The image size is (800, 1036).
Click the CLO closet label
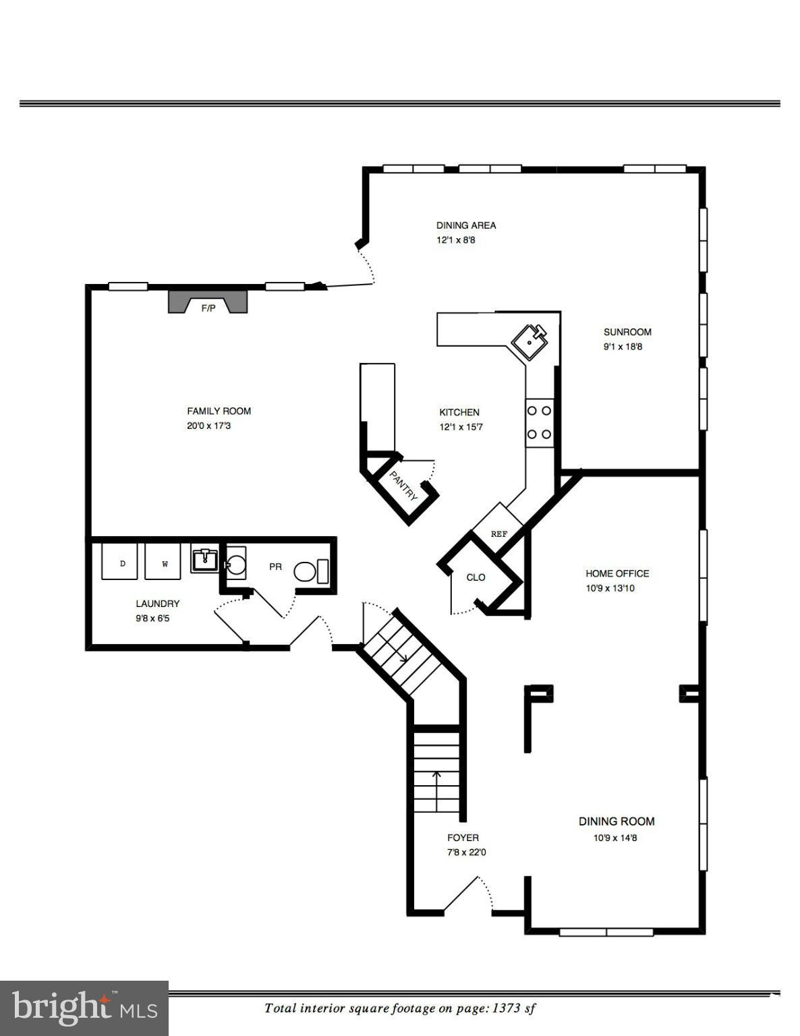[476, 577]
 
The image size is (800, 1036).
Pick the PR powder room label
[275, 567]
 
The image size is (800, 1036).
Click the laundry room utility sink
[204, 559]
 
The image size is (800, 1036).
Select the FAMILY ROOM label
[219, 411]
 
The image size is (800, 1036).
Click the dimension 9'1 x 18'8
[627, 347]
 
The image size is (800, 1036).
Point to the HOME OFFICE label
[617, 573]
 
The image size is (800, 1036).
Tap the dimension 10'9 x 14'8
[615, 838]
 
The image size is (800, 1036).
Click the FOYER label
[463, 838]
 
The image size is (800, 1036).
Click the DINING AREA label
[466, 225]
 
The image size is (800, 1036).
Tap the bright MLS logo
[84, 1008]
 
